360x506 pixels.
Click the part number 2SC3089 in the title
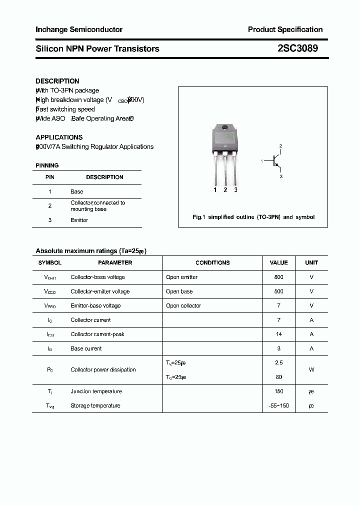coord(297,48)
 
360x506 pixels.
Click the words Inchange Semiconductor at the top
coord(79,29)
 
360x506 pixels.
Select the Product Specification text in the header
coord(285,29)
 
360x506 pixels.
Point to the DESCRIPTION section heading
coord(57,81)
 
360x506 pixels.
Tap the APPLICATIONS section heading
coord(59,137)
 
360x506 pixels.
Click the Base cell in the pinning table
coord(77,191)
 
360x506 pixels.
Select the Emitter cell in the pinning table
coord(79,220)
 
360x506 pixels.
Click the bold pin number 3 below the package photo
coord(235,190)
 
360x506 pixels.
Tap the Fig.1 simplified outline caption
coord(253,217)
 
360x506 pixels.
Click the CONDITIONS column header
coord(212,262)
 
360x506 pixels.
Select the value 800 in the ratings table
coord(278,277)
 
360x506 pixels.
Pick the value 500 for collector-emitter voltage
coord(278,291)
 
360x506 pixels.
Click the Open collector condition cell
coord(183,305)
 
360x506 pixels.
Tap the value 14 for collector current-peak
coord(278,334)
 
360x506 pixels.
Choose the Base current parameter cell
coord(86,348)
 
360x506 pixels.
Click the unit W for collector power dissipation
coord(311,369)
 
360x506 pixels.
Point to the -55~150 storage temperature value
coord(278,405)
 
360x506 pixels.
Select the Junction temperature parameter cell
coord(96,391)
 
